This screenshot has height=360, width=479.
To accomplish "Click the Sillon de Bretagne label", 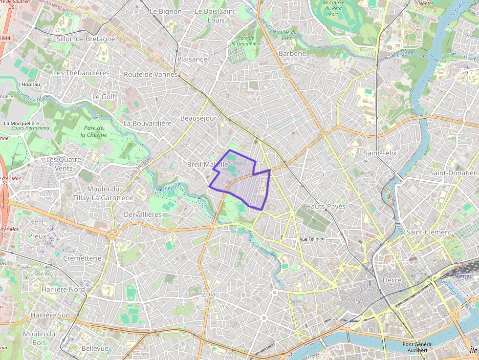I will (86, 39).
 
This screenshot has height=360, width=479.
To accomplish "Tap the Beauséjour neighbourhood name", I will (198, 118).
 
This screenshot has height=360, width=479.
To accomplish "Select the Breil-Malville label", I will (207, 165).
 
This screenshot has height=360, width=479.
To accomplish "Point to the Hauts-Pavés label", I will (326, 206).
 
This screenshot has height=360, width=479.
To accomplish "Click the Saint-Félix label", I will (380, 153).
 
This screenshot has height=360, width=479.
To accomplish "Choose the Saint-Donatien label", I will (454, 173).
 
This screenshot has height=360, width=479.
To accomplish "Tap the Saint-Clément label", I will (429, 232).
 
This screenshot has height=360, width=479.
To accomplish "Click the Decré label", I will (392, 280).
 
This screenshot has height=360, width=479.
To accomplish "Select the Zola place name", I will (209, 294).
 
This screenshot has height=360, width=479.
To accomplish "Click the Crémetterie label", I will (82, 258).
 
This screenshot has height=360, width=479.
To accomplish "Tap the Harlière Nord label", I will (56, 289).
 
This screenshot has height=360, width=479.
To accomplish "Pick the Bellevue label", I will (95, 348).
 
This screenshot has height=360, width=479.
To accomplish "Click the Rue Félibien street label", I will (312, 239).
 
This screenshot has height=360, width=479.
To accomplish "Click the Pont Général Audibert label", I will (418, 347).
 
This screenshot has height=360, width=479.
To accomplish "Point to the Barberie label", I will (292, 53).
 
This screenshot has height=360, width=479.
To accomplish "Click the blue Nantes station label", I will (463, 276).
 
